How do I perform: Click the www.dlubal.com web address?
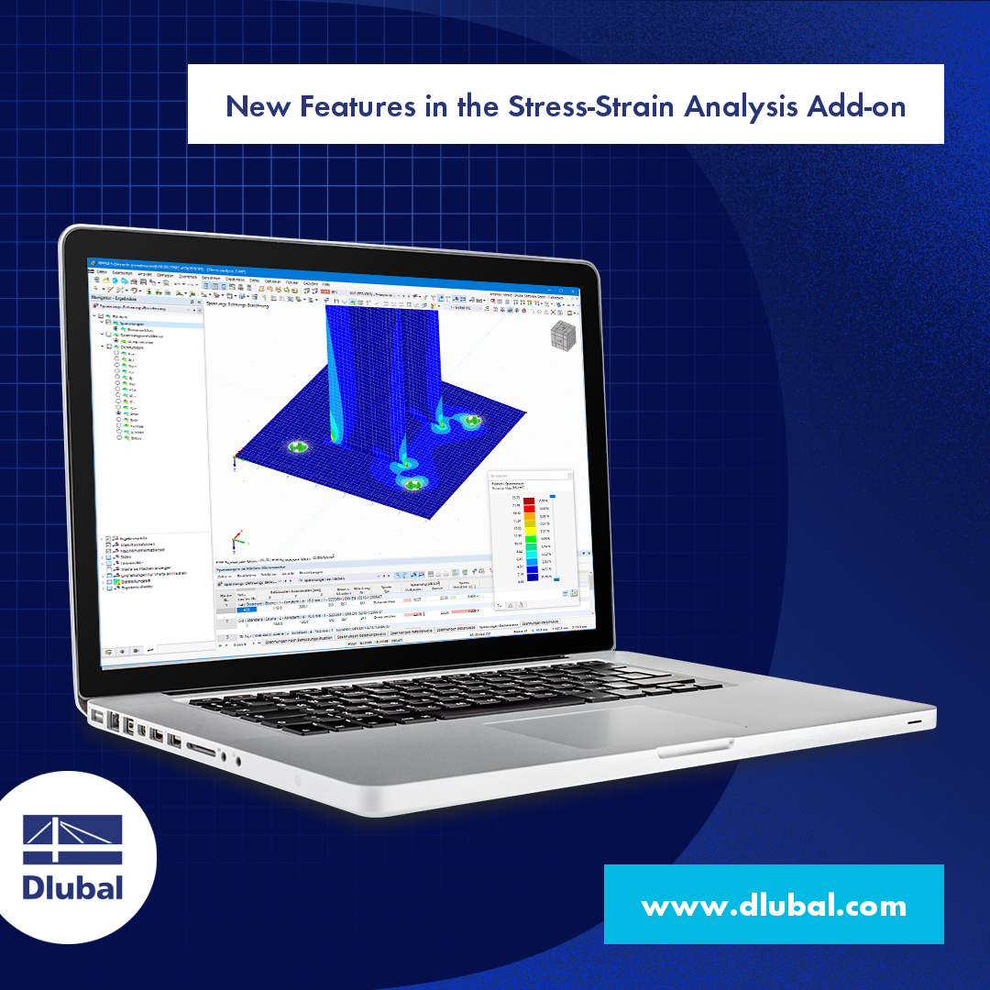[774, 906]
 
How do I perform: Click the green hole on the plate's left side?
[296, 447]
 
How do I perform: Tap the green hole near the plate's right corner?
[471, 422]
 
